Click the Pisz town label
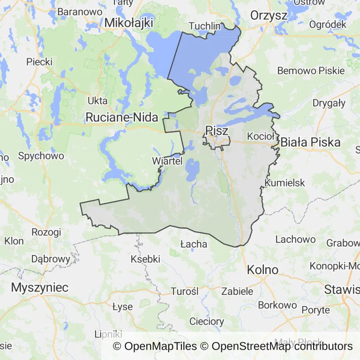(x=217, y=131)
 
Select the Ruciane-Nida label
(x=122, y=118)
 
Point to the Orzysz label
(x=269, y=15)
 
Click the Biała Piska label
(x=310, y=142)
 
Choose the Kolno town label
(x=262, y=270)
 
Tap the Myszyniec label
(x=40, y=287)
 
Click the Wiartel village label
(x=167, y=161)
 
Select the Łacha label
(x=194, y=244)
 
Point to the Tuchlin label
(x=204, y=26)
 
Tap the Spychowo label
(x=41, y=156)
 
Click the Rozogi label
(x=46, y=232)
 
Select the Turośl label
(x=185, y=291)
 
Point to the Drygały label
(x=329, y=103)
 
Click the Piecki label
(x=39, y=61)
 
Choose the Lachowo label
(x=295, y=239)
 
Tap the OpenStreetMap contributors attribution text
(x=282, y=346)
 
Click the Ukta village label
(x=97, y=100)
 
